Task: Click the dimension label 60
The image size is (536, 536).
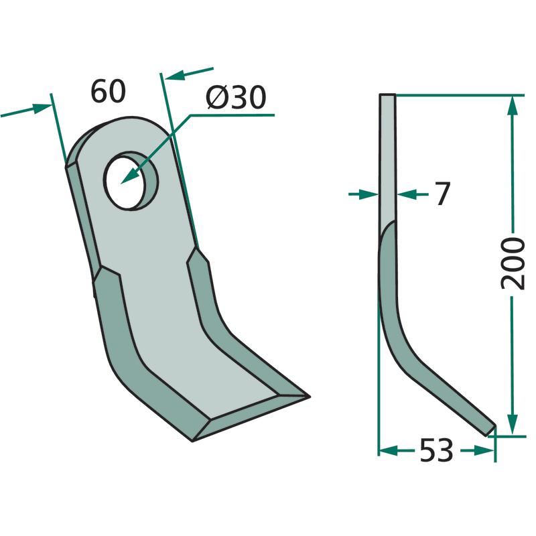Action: (x=109, y=91)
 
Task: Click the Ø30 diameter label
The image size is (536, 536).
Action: (x=236, y=97)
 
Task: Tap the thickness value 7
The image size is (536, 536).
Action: (x=443, y=194)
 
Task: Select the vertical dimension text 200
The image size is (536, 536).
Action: (x=513, y=263)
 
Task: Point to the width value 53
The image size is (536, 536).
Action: (x=436, y=450)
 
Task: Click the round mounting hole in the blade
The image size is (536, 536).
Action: (x=131, y=180)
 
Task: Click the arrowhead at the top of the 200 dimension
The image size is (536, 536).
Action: (x=512, y=107)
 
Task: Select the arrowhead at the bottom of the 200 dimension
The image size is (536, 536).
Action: (x=512, y=424)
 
